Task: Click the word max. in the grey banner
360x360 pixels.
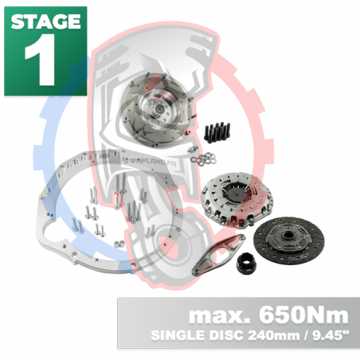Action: pyautogui.click(x=214, y=314)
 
